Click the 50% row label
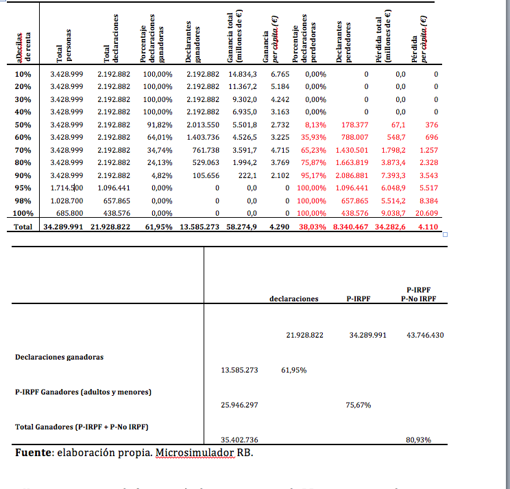23,125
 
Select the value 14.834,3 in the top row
243,73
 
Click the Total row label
23,227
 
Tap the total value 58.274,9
243,227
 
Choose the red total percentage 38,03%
313,227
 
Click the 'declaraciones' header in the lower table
294,299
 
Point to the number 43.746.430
425,335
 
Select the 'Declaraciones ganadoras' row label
60,357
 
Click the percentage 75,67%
359,405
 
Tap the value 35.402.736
239,440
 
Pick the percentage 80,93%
418,440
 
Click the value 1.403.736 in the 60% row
202,137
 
